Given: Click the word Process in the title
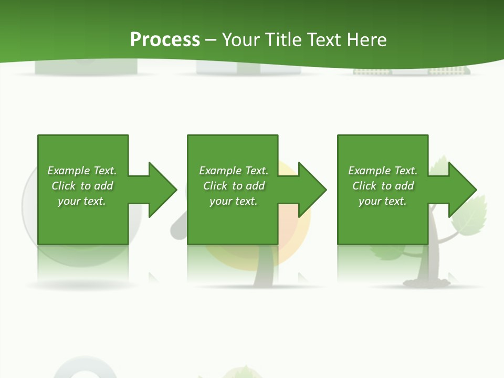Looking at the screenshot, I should tap(165, 40).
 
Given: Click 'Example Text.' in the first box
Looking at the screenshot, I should tap(82, 171).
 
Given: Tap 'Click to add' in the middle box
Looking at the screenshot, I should tap(234, 186).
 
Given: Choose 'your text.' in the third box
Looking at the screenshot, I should tap(383, 201).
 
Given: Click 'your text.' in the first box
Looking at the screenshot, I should tap(82, 201).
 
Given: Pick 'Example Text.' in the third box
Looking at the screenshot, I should tap(383, 171).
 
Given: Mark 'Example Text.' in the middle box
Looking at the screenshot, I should tap(234, 171).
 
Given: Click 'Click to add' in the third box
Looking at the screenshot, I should tap(383, 186).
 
